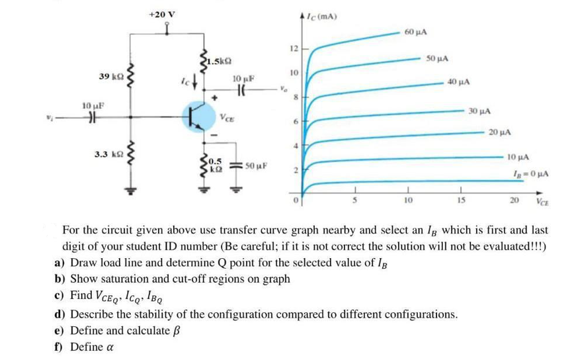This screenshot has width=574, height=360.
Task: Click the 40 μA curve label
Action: coord(458,83)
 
